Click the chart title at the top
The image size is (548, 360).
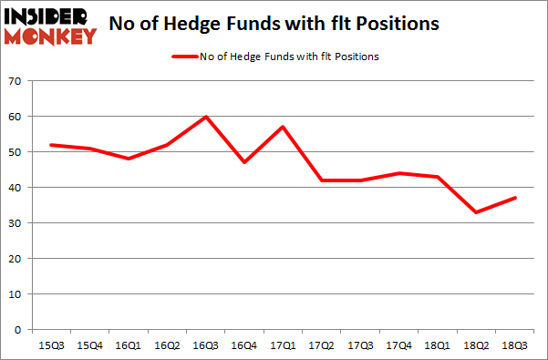(274, 24)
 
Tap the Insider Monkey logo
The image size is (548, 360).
(51, 24)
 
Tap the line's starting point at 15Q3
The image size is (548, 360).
(49, 145)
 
